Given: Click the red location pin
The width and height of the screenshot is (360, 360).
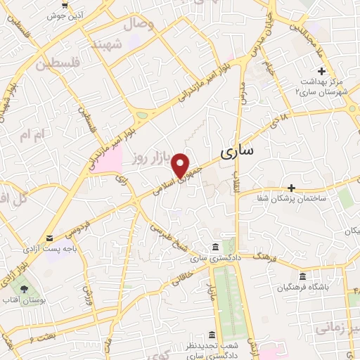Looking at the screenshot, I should [182, 165].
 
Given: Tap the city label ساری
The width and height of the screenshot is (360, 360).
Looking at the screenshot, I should [238, 151].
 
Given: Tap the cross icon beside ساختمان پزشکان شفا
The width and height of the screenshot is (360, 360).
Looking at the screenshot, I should [291, 188].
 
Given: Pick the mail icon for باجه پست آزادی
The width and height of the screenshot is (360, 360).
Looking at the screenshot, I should [49, 238].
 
